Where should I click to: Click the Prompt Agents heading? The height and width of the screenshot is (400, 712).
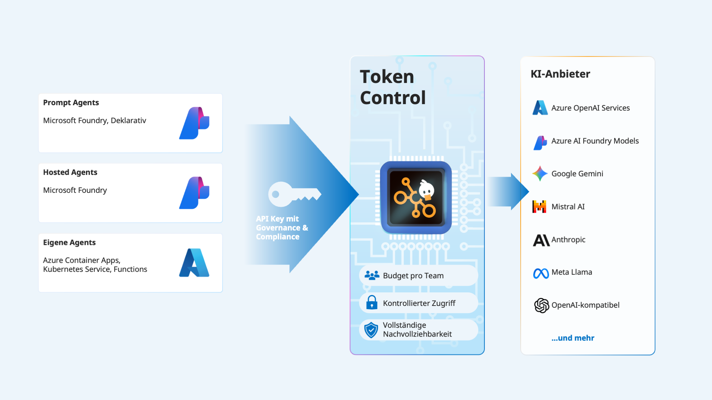(71, 103)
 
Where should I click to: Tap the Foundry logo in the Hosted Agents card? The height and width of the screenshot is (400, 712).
(194, 193)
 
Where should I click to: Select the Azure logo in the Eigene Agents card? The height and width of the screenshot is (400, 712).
(194, 262)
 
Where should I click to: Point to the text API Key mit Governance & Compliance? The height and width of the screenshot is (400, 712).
(282, 228)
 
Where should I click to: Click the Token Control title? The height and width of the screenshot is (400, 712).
(393, 87)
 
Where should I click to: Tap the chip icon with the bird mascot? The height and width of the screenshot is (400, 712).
(416, 197)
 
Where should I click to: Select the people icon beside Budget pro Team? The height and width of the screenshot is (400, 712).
(372, 275)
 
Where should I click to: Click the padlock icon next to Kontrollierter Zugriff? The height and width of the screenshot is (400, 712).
(372, 302)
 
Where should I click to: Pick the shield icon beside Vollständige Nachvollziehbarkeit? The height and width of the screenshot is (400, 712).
(371, 330)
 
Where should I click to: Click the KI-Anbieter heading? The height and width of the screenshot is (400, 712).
(560, 74)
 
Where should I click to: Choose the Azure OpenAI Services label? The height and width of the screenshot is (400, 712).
(590, 108)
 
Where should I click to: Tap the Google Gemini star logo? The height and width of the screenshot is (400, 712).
(540, 173)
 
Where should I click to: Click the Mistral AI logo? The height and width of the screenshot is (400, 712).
(539, 206)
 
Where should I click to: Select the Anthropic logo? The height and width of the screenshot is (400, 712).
(541, 240)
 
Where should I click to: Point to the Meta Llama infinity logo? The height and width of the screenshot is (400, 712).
(541, 273)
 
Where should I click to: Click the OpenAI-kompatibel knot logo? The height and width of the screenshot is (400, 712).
(541, 306)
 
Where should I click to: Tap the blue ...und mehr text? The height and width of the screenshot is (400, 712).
(573, 338)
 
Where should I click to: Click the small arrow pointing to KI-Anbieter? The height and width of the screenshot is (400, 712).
(508, 192)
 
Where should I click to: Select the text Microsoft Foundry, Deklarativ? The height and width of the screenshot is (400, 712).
(95, 121)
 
